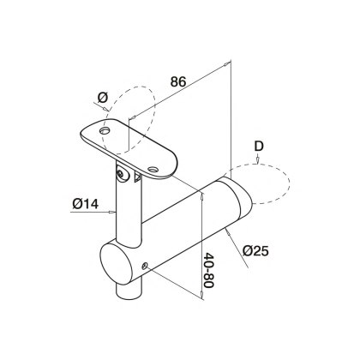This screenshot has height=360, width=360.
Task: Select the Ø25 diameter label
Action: pyautogui.click(x=258, y=250)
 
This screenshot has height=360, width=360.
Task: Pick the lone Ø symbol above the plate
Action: pyautogui.click(x=103, y=99)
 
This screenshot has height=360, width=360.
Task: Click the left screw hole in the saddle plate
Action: pyautogui.click(x=106, y=130)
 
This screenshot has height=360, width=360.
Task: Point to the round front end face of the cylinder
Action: pyautogui.click(x=119, y=264)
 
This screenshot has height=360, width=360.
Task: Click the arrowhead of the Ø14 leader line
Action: pyautogui.click(x=108, y=207)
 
